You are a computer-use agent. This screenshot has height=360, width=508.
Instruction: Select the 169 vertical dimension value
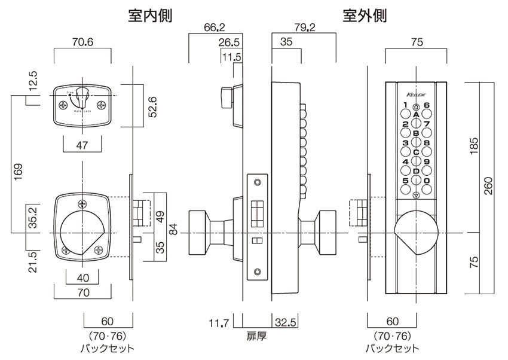(18, 170)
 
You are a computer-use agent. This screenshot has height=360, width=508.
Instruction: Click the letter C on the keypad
(416, 152)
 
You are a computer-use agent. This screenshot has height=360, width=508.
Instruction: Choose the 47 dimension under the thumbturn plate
(82, 144)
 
